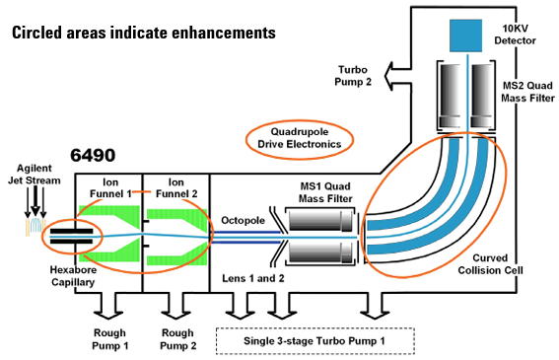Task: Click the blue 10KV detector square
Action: pyautogui.click(x=465, y=36)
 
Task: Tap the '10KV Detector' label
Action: pyautogui.click(x=516, y=35)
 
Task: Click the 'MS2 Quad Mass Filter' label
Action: pyautogui.click(x=527, y=92)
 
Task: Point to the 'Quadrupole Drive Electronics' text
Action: pyautogui.click(x=300, y=138)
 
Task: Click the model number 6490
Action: pyautogui.click(x=93, y=155)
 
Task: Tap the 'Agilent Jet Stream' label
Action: pyautogui.click(x=35, y=175)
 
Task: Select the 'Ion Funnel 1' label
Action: pyautogui.click(x=110, y=188)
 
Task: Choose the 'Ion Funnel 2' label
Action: pyautogui.click(x=176, y=188)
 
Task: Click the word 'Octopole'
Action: pyautogui.click(x=243, y=220)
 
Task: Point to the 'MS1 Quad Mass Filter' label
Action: pyautogui.click(x=325, y=192)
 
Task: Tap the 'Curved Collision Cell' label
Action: pyautogui.click(x=490, y=264)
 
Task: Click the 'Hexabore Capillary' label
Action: pyautogui.click(x=73, y=276)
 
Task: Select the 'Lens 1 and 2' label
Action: pyautogui.click(x=253, y=278)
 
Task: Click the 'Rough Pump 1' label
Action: pyautogui.click(x=110, y=339)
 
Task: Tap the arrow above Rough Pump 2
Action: pyautogui.click(x=175, y=306)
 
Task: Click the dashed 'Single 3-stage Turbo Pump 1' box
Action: pyautogui.click(x=315, y=341)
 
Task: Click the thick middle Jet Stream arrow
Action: pyautogui.click(x=35, y=201)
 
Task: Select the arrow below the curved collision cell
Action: pyautogui.click(x=375, y=306)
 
